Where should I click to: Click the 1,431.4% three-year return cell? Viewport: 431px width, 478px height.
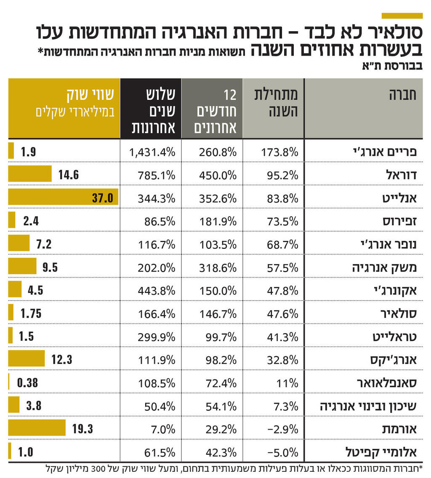tap(152, 152)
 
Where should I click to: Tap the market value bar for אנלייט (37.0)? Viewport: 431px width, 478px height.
tap(63, 197)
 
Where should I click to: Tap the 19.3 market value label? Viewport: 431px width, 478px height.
tap(82, 429)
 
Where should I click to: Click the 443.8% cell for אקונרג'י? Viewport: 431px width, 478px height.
tap(157, 291)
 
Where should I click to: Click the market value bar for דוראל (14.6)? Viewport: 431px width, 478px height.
tap(30, 174)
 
